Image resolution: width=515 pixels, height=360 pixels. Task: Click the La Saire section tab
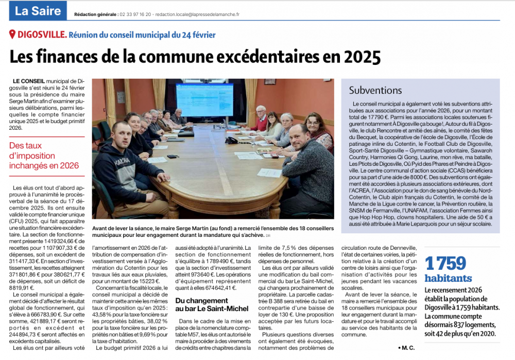tap(38, 10)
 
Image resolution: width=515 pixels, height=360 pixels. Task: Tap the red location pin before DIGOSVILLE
tap(12, 35)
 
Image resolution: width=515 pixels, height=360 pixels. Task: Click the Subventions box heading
tap(375, 90)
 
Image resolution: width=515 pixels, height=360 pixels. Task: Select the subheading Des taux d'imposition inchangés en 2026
tap(44, 156)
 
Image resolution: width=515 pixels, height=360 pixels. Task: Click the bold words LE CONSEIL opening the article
tap(28, 81)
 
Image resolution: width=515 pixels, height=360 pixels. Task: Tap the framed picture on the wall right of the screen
tap(270, 81)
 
